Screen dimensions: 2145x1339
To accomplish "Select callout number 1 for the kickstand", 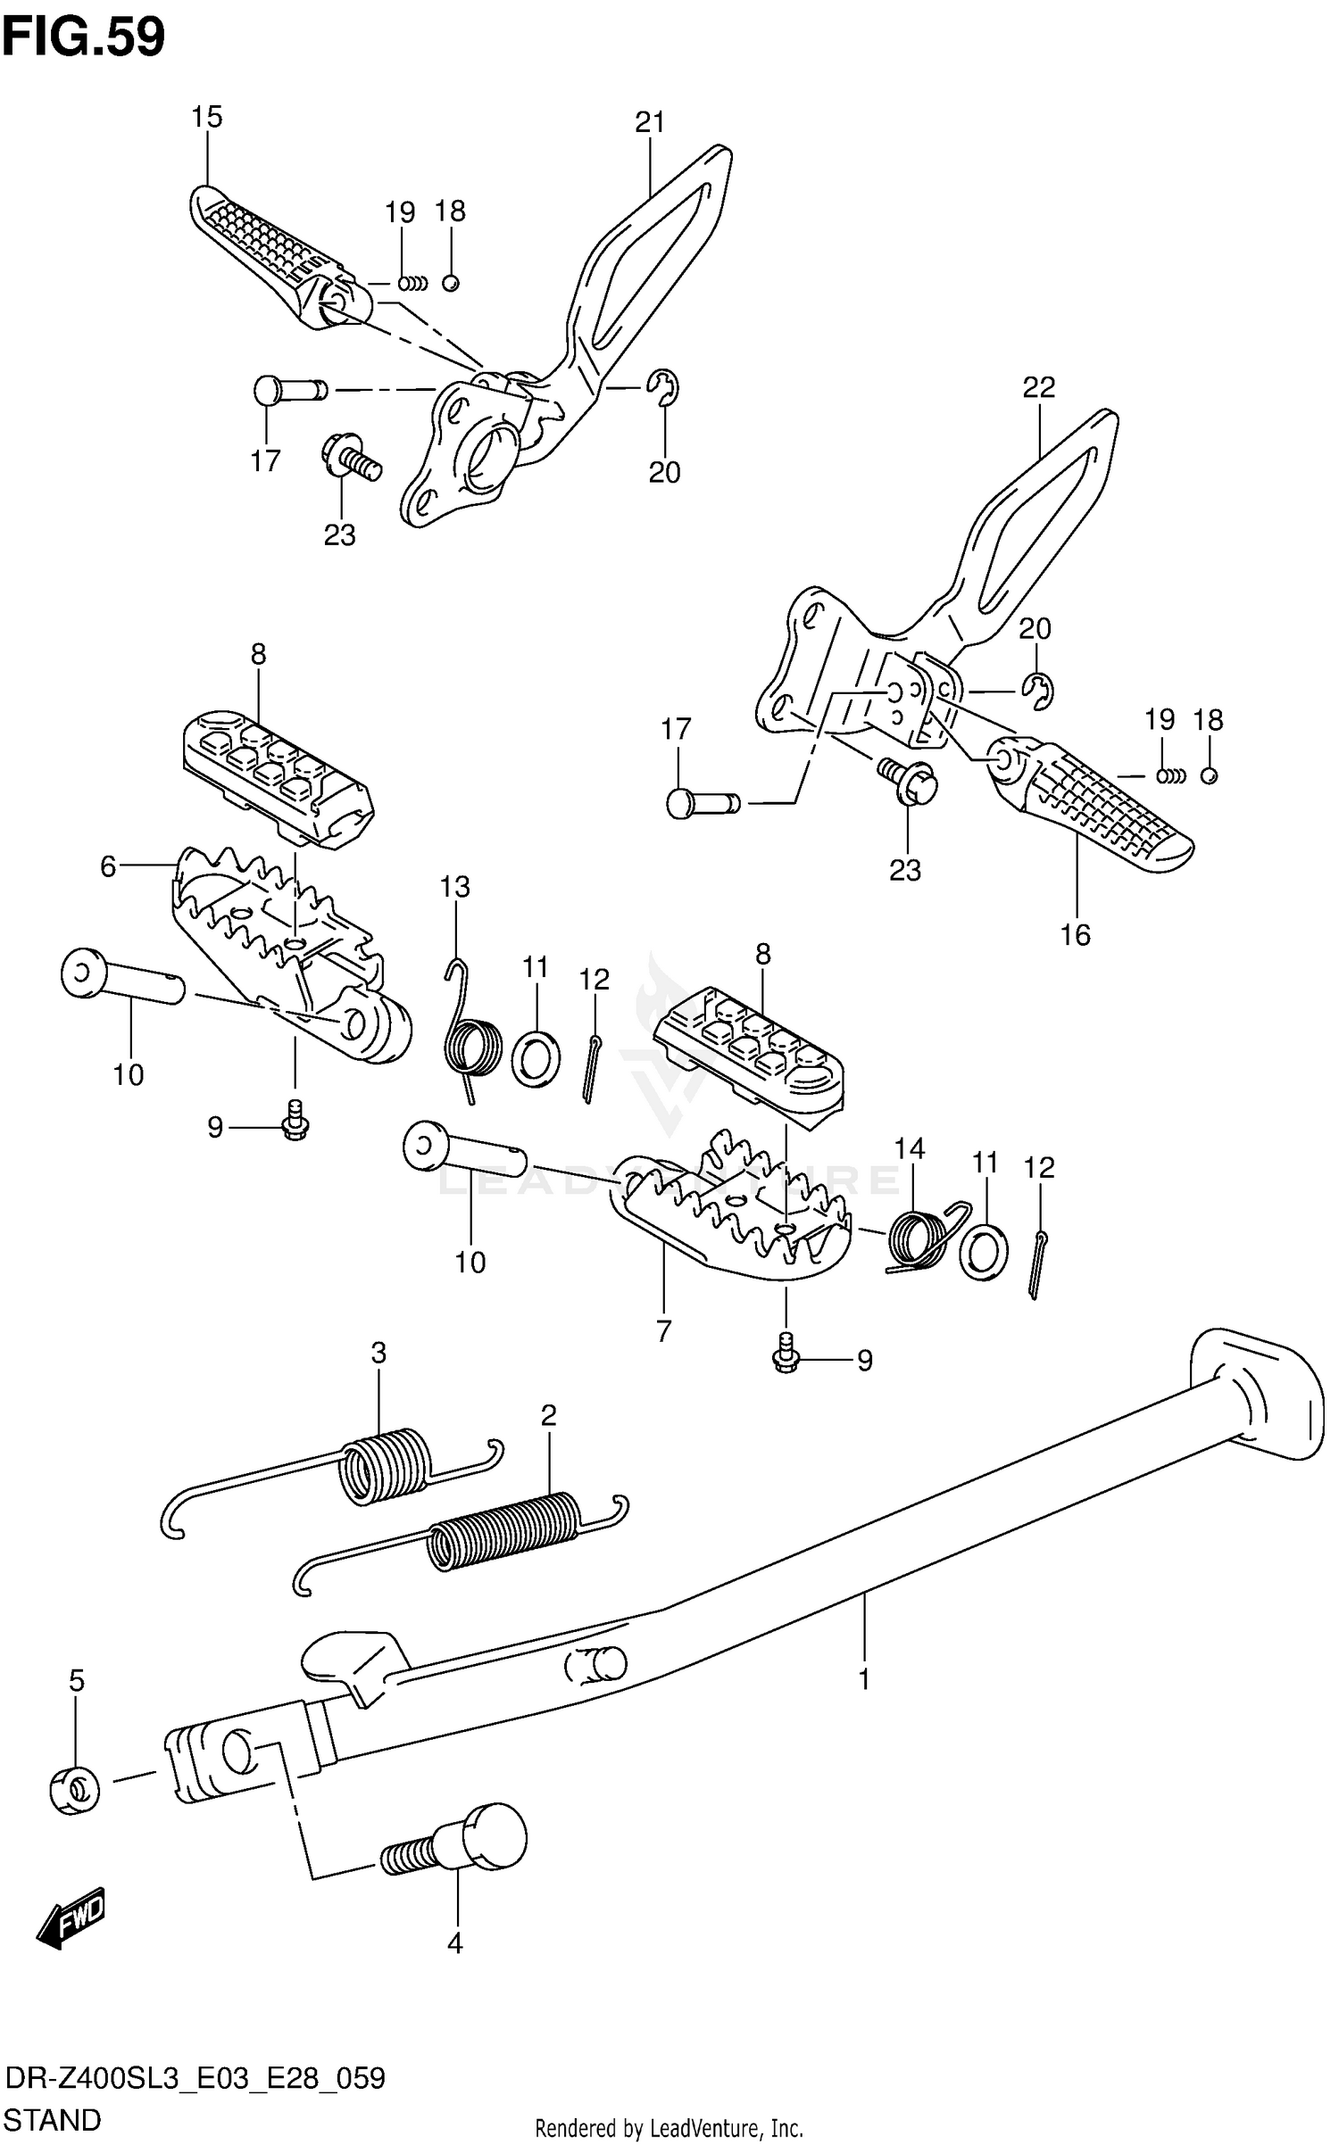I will click(863, 1679).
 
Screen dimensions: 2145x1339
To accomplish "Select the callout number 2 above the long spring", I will click(548, 1415).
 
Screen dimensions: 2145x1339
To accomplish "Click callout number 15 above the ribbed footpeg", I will click(206, 117).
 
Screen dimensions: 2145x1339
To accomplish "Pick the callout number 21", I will click(650, 122).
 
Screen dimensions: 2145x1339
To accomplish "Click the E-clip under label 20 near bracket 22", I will click(1037, 692).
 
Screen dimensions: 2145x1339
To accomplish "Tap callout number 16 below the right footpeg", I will click(1075, 934).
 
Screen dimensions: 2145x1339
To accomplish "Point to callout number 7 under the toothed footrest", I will click(663, 1331).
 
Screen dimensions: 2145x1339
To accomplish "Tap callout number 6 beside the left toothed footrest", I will click(108, 866).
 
